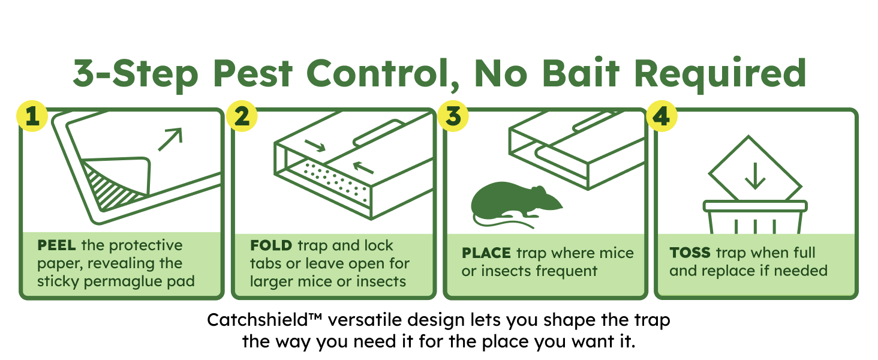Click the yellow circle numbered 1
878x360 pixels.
32,116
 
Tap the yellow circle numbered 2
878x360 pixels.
242,116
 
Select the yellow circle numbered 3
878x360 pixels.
453,116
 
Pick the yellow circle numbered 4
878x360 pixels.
662,116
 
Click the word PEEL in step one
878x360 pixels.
56,245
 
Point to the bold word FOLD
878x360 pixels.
271,245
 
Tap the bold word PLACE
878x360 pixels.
486,253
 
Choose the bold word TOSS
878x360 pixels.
690,253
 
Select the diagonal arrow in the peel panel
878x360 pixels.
170,139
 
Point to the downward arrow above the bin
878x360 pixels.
755,176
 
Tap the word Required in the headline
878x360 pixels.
720,74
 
